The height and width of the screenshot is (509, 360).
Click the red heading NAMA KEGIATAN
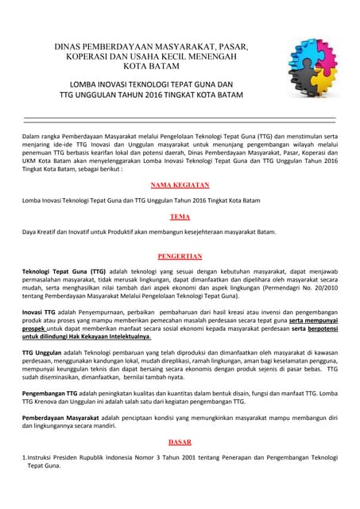coord(180,184)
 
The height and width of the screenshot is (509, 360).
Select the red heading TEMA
coord(180,216)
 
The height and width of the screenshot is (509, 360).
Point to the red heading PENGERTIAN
coord(180,257)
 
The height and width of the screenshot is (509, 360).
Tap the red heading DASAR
coord(180,441)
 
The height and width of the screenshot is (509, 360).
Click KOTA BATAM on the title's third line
coord(151,67)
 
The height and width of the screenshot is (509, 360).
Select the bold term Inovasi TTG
coord(43,310)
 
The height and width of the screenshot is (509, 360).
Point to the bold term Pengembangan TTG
coord(55,393)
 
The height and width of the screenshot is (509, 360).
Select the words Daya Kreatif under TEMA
coord(45,232)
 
